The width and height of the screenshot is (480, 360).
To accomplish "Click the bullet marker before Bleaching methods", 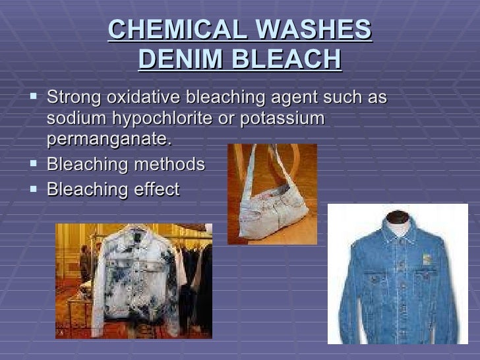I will click(x=34, y=164).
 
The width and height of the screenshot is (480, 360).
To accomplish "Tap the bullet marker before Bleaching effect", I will click(x=34, y=189).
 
